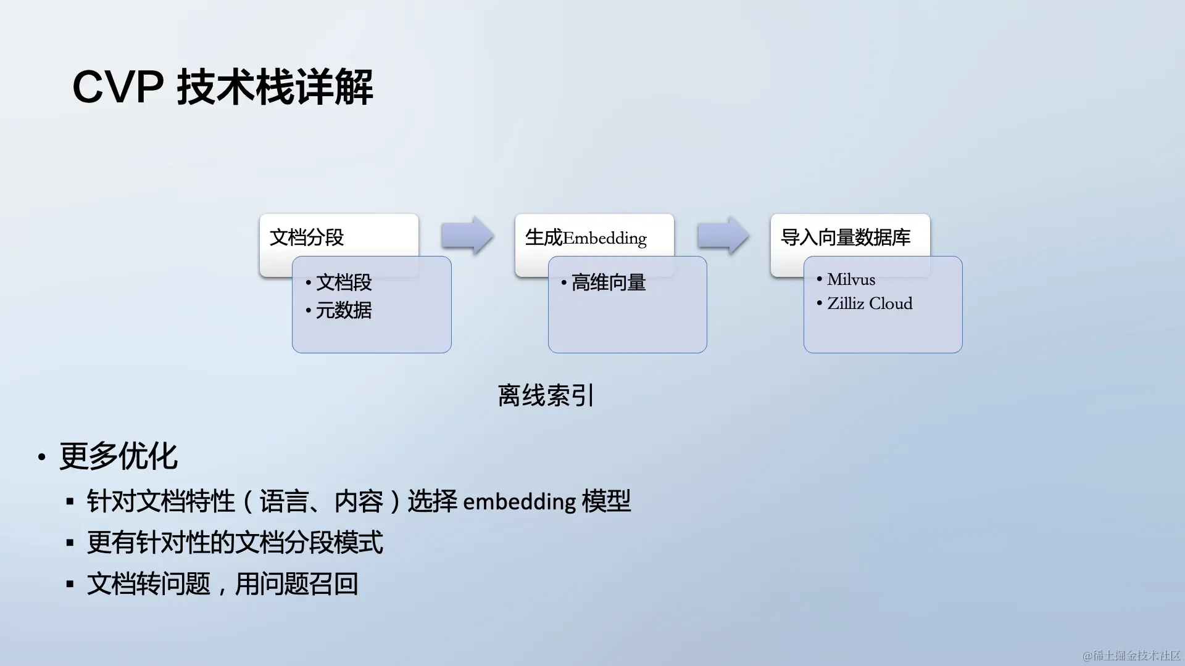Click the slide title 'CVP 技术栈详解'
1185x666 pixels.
click(222, 87)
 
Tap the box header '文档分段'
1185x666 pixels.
click(307, 237)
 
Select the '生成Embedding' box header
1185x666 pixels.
click(586, 237)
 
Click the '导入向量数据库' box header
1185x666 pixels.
click(846, 237)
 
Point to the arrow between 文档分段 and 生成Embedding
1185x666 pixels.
click(467, 236)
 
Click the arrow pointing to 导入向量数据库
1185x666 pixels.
click(723, 236)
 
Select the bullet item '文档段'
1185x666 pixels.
click(344, 282)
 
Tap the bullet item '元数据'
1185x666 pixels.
click(344, 310)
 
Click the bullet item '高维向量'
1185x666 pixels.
click(609, 282)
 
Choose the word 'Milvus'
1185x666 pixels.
click(851, 279)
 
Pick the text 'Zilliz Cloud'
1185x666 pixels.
click(870, 303)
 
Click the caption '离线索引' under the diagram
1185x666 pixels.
click(546, 395)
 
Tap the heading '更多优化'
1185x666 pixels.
click(118, 456)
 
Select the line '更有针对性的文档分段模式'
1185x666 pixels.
click(235, 543)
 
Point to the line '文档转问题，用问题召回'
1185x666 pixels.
click(222, 583)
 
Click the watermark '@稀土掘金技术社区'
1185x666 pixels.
click(1131, 656)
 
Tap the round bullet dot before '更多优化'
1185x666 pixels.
click(41, 458)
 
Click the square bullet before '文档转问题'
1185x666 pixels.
click(70, 584)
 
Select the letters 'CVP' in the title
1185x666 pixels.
click(118, 87)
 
